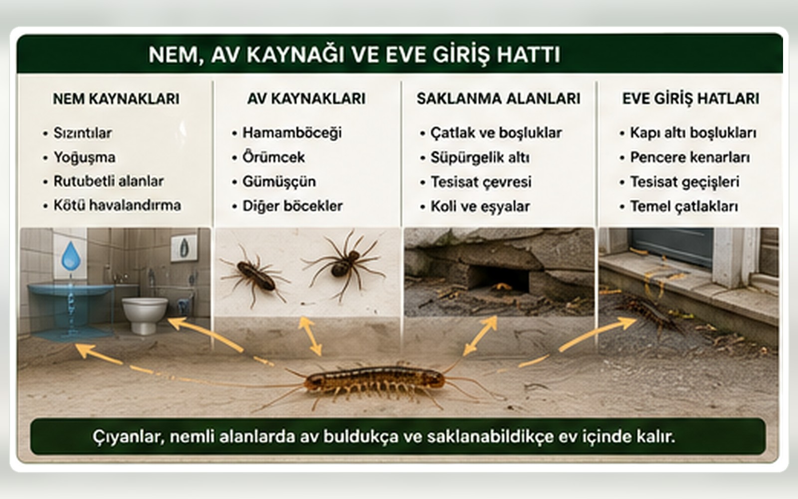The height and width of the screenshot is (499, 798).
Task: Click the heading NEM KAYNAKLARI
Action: [116, 99]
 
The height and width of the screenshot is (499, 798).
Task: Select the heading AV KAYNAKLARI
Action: [306, 99]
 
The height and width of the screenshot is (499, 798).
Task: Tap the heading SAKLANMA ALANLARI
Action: [498, 99]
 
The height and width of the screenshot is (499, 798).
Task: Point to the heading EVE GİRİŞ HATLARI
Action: [690, 99]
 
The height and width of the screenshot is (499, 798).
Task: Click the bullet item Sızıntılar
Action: [83, 133]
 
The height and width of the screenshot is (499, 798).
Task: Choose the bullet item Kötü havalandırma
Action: [117, 205]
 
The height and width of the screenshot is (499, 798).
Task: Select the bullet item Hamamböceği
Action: [292, 133]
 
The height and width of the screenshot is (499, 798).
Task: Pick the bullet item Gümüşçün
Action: [279, 182]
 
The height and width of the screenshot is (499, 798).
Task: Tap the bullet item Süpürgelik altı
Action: [480, 158]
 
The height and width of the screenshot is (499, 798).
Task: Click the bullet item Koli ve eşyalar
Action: [480, 207]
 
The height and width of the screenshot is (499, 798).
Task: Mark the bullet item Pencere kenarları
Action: [690, 158]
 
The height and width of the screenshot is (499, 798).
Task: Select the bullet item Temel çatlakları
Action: [684, 207]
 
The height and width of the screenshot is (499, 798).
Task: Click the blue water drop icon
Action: [71, 256]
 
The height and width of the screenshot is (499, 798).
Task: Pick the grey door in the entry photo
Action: [672, 247]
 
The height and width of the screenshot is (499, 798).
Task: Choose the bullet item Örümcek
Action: [273, 157]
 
